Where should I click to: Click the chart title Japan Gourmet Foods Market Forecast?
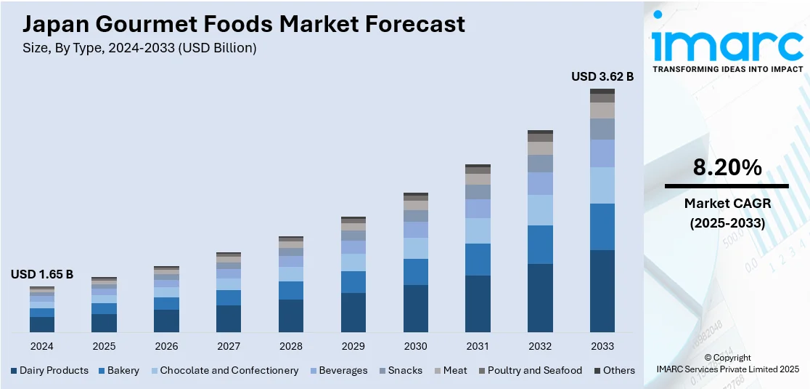(x=244, y=24)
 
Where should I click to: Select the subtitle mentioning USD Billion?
(x=140, y=48)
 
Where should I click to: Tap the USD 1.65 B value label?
(x=41, y=274)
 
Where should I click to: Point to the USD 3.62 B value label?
(x=602, y=76)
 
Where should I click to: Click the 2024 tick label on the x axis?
(x=41, y=346)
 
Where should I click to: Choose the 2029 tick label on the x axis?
(x=353, y=346)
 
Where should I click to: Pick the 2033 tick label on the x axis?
(x=602, y=346)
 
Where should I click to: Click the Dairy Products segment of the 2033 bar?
(x=602, y=291)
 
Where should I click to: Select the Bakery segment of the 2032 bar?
(x=540, y=244)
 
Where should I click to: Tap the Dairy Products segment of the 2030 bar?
(x=415, y=308)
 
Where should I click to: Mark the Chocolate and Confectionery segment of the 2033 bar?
(x=602, y=185)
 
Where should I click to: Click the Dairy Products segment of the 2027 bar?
(x=229, y=318)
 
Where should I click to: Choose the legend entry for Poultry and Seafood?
(x=534, y=370)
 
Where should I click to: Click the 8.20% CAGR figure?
(x=727, y=168)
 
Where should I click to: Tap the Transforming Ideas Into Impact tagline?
(x=727, y=69)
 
